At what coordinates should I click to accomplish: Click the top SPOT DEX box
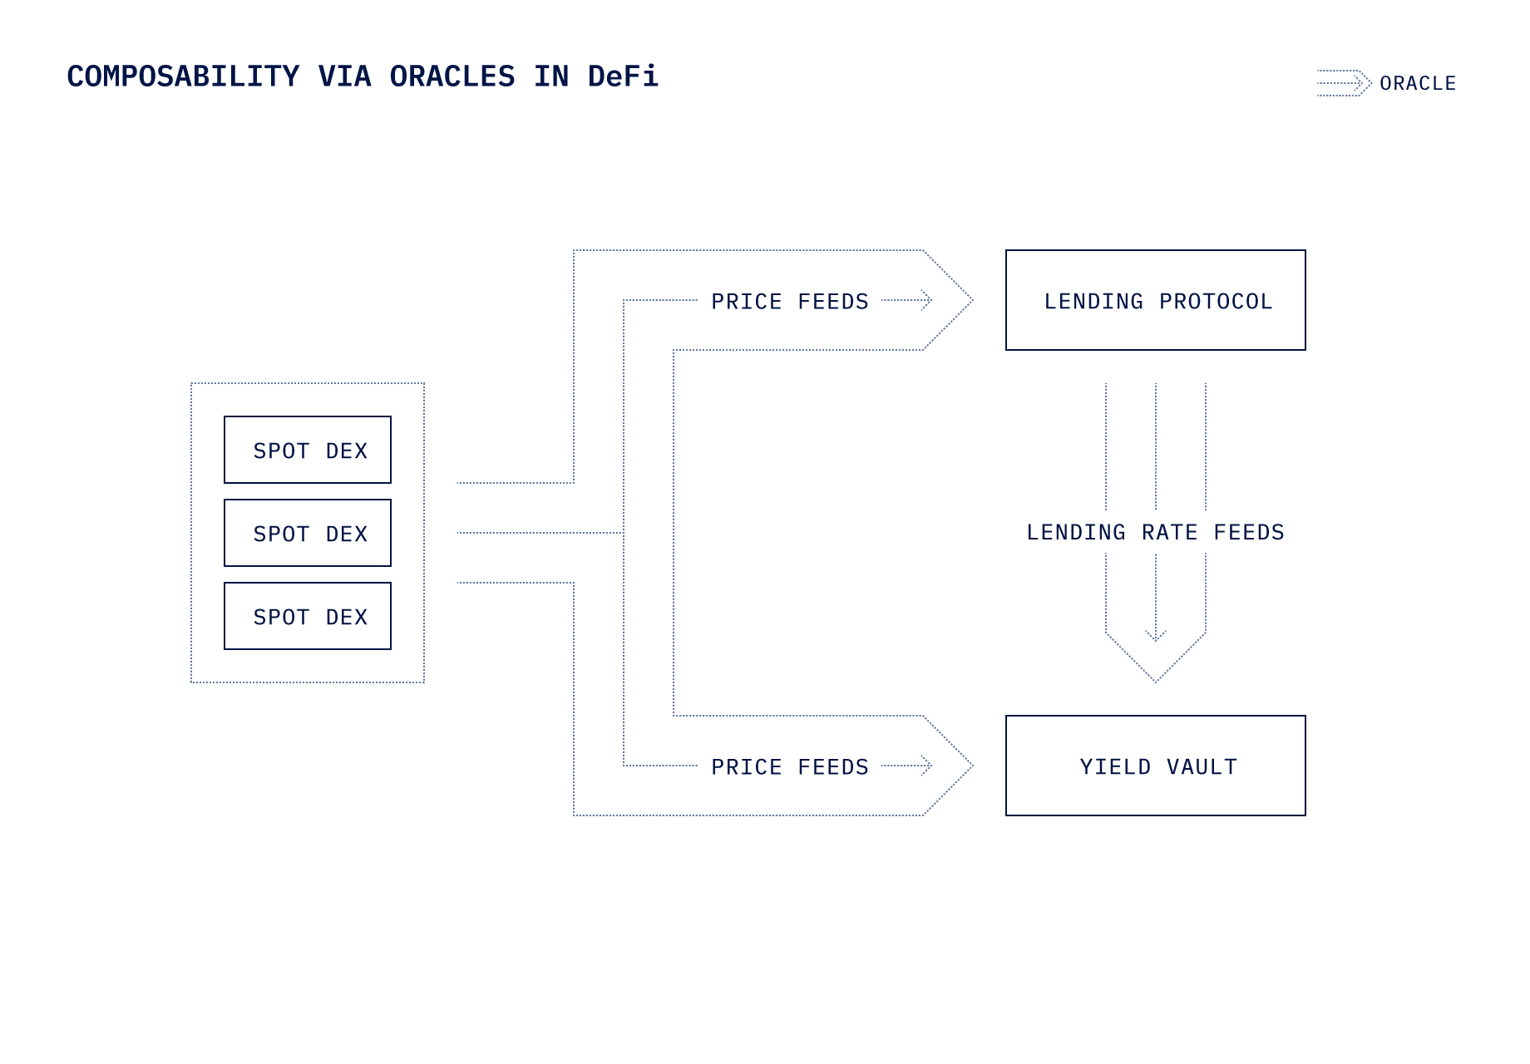(x=308, y=450)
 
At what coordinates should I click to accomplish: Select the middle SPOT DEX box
(x=308, y=533)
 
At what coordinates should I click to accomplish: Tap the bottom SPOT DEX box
(x=308, y=616)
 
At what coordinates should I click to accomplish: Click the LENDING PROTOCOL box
(x=1155, y=300)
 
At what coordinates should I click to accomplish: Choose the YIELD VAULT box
(x=1155, y=766)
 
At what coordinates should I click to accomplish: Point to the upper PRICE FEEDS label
(x=789, y=301)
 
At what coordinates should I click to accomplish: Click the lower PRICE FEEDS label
(x=789, y=766)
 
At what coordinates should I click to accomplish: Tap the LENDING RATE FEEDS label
(x=1155, y=532)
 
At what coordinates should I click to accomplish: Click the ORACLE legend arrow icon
(x=1344, y=83)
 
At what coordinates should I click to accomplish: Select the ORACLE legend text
(x=1418, y=83)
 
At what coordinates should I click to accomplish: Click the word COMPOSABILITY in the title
(x=183, y=76)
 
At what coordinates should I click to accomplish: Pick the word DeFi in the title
(x=623, y=76)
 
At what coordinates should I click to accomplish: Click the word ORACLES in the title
(x=452, y=76)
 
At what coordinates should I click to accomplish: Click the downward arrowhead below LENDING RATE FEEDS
(x=1155, y=637)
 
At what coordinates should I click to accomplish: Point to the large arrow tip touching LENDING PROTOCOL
(x=968, y=300)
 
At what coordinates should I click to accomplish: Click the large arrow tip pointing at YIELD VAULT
(x=968, y=766)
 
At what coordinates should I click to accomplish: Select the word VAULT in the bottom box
(x=1202, y=766)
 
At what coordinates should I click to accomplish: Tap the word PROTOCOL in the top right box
(x=1216, y=301)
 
